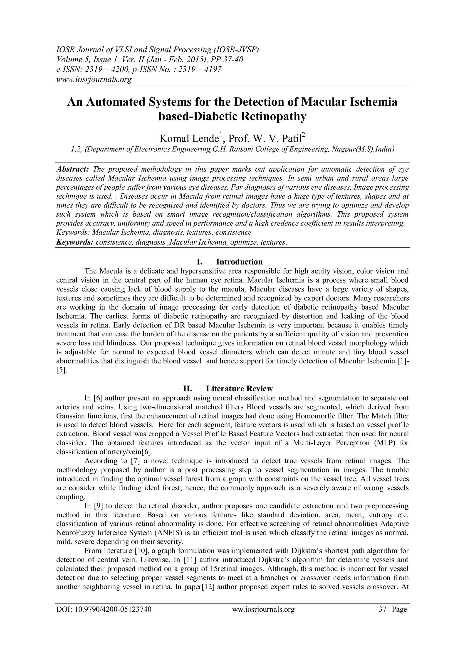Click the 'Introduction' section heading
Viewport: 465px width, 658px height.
(239, 262)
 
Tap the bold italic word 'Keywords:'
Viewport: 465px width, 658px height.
(75, 242)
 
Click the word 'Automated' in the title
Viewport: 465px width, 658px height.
(123, 102)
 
